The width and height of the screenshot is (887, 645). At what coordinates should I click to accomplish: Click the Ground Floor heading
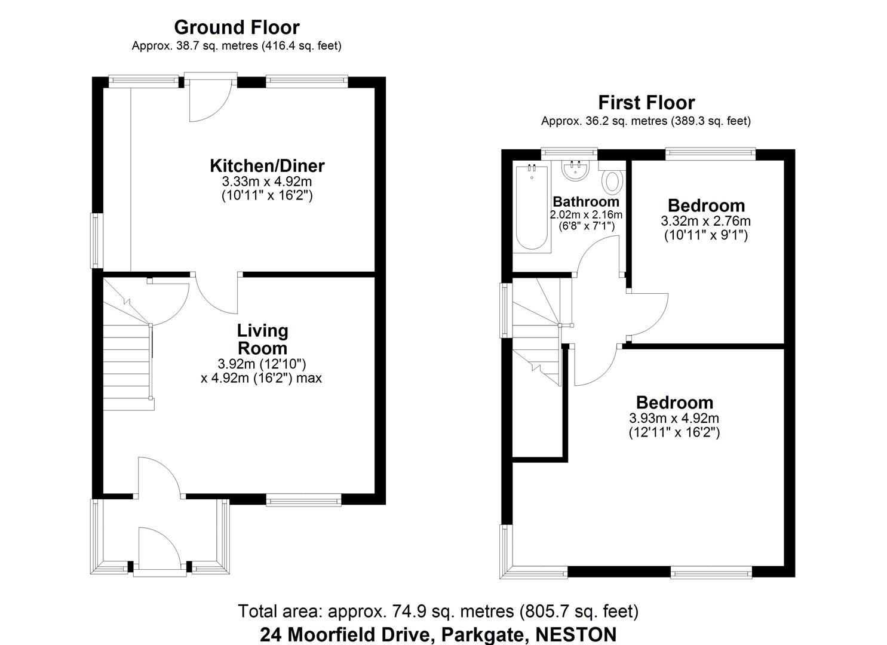tap(237, 27)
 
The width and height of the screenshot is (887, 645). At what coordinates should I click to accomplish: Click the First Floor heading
tap(646, 103)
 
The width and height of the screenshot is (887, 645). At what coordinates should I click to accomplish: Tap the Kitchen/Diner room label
tap(267, 165)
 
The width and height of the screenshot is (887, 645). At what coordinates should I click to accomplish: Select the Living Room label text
tap(262, 339)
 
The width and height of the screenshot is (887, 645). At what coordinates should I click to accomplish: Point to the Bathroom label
tap(585, 201)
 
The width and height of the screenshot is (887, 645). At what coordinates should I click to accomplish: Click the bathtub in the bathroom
tap(531, 207)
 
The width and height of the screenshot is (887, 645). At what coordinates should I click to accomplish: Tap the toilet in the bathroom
tap(613, 182)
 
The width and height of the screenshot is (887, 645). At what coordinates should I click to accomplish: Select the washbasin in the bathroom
tap(576, 170)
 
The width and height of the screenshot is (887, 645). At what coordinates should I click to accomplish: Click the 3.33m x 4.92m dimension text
tap(267, 182)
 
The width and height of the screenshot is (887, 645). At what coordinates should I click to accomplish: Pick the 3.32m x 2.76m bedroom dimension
tap(705, 221)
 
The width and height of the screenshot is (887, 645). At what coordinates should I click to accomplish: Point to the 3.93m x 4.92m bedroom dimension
tap(674, 418)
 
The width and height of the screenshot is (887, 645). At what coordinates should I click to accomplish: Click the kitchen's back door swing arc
tap(208, 105)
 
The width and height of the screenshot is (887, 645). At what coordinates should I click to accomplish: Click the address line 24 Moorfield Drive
tap(438, 634)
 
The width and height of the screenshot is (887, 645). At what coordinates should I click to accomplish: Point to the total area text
tap(438, 612)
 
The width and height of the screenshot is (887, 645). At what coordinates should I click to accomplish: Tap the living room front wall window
tap(303, 500)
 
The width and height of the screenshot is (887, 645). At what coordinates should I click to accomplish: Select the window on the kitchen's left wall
tap(96, 241)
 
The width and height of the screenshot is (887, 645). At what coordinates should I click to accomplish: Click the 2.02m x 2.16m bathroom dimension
tap(586, 215)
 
